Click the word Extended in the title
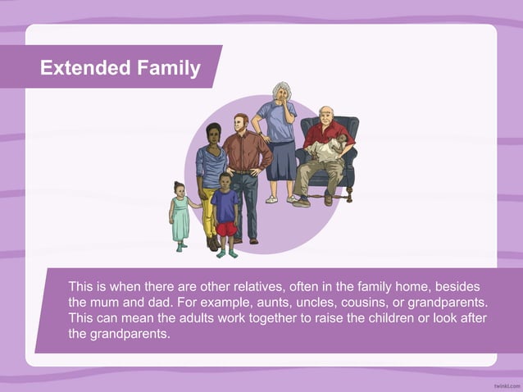(x=82, y=68)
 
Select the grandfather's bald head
(x=326, y=112)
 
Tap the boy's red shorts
(x=225, y=230)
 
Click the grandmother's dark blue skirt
(x=280, y=161)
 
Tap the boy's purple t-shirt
(x=225, y=205)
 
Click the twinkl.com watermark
(x=507, y=384)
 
